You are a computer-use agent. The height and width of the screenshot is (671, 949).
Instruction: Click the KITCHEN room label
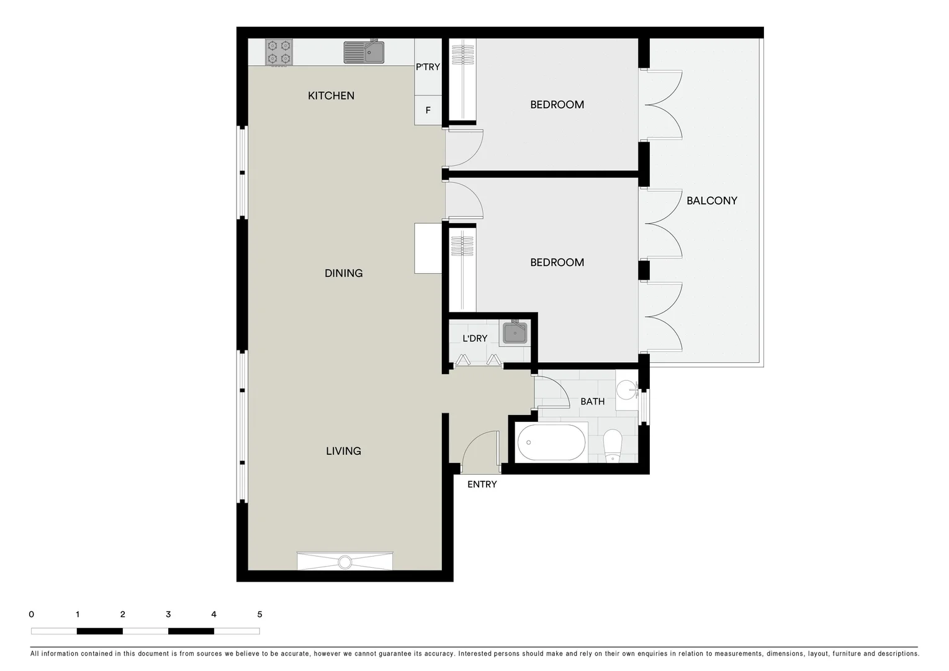click(331, 96)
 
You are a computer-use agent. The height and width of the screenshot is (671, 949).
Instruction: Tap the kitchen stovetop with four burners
click(279, 52)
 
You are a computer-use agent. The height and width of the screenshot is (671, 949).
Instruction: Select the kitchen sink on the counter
click(364, 52)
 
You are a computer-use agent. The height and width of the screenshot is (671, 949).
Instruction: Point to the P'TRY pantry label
click(428, 67)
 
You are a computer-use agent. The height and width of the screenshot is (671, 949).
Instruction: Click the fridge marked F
click(428, 111)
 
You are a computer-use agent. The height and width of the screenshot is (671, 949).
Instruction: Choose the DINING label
click(343, 273)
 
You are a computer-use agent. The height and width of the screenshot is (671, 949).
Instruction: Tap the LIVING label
click(343, 451)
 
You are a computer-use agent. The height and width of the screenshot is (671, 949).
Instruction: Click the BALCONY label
click(711, 201)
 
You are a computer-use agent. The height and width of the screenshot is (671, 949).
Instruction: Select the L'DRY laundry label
click(475, 339)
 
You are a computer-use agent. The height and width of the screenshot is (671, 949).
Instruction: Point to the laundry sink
click(515, 333)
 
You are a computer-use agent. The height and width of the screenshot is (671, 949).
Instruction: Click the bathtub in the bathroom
click(551, 443)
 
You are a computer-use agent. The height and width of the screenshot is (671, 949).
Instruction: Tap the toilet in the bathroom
click(613, 445)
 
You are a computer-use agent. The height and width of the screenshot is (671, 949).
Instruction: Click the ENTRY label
click(482, 485)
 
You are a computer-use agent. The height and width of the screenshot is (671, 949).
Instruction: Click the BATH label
click(592, 402)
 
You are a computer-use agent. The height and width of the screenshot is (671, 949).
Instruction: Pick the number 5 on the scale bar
click(259, 614)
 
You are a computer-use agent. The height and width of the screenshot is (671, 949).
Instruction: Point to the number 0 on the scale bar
click(32, 614)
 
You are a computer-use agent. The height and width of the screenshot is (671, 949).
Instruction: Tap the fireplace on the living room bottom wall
click(344, 561)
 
